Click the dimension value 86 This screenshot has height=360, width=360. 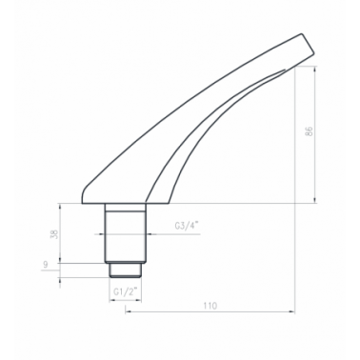pos(310,131)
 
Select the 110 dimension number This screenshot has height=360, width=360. pos(210,306)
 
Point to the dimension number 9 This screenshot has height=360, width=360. pos(46,265)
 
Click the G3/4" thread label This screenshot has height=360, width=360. pos(187,226)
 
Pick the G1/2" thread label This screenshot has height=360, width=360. pos(126,291)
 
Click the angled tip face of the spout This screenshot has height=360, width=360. pos(308,50)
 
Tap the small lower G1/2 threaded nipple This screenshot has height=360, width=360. pos(125,270)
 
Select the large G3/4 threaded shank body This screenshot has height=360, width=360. pos(126,237)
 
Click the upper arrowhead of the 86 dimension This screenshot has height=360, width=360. pos(314,69)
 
